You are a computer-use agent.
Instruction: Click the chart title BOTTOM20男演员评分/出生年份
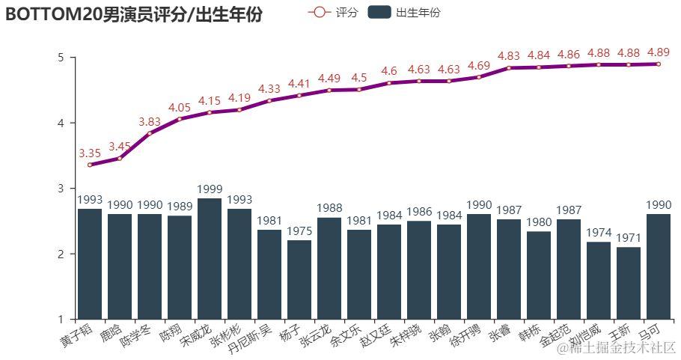(x=134, y=14)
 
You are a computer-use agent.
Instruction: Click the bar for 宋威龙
(x=210, y=258)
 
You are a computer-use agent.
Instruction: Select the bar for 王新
(x=629, y=283)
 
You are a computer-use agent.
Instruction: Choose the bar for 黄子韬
(x=90, y=263)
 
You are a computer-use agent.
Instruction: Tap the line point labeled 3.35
(x=90, y=165)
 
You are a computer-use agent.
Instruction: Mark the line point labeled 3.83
(x=150, y=133)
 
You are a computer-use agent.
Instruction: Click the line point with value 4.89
(x=659, y=64)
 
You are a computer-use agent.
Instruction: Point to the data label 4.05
(x=180, y=108)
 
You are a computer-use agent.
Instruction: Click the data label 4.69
(x=479, y=66)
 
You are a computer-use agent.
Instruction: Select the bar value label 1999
(x=210, y=189)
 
